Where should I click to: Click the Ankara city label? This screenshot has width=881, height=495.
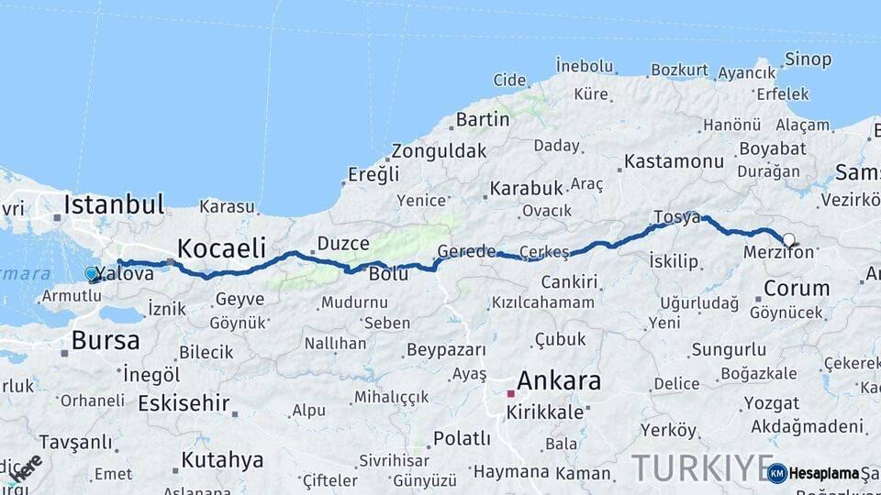coord(559,380)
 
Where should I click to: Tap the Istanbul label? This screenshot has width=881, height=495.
coord(114,203)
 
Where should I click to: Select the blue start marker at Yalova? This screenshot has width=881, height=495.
coord(91,273)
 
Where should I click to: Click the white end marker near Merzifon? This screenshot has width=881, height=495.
coord(788,239)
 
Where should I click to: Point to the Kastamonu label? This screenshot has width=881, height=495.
coord(674,161)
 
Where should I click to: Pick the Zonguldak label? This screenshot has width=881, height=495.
coord(439,151)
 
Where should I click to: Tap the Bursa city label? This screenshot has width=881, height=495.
coord(106,341)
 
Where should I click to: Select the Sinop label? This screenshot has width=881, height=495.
coord(808,60)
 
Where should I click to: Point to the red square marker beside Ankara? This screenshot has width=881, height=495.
coord(510,393)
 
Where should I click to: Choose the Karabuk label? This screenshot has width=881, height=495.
coord(526,188)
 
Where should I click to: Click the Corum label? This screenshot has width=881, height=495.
coord(797,288)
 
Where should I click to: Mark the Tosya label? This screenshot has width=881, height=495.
coord(676,217)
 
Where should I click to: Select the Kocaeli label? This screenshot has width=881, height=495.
coord(221,247)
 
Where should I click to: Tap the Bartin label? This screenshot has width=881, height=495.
coord(483,119)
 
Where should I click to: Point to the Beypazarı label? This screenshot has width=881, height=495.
coord(446,350)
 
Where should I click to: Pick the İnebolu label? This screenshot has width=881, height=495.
coord(585,65)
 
